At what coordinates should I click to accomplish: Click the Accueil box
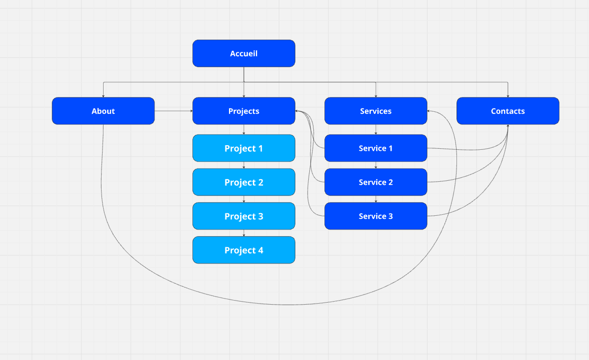tap(244, 53)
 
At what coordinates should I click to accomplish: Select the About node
tap(103, 111)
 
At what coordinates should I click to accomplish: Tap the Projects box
tap(244, 111)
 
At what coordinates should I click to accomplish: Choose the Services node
tap(376, 111)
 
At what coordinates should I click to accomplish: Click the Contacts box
tap(508, 111)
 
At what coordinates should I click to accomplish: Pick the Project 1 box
tap(244, 148)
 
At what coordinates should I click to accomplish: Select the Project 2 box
tap(244, 182)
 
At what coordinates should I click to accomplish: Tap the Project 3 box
tap(244, 216)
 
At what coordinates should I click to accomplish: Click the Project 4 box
tap(244, 250)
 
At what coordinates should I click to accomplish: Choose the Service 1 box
tap(376, 148)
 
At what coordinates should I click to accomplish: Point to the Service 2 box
tap(376, 182)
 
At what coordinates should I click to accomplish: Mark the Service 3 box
tap(376, 216)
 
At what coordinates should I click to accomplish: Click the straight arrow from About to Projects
tap(173, 111)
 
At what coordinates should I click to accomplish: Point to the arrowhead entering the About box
tap(103, 95)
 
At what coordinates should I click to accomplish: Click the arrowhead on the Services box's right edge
tap(430, 111)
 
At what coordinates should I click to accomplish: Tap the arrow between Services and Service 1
tap(376, 129)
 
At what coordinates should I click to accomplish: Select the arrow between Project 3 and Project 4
tap(244, 233)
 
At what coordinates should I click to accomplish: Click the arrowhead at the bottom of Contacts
tap(508, 126)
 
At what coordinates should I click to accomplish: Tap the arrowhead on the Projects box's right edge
tap(297, 111)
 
